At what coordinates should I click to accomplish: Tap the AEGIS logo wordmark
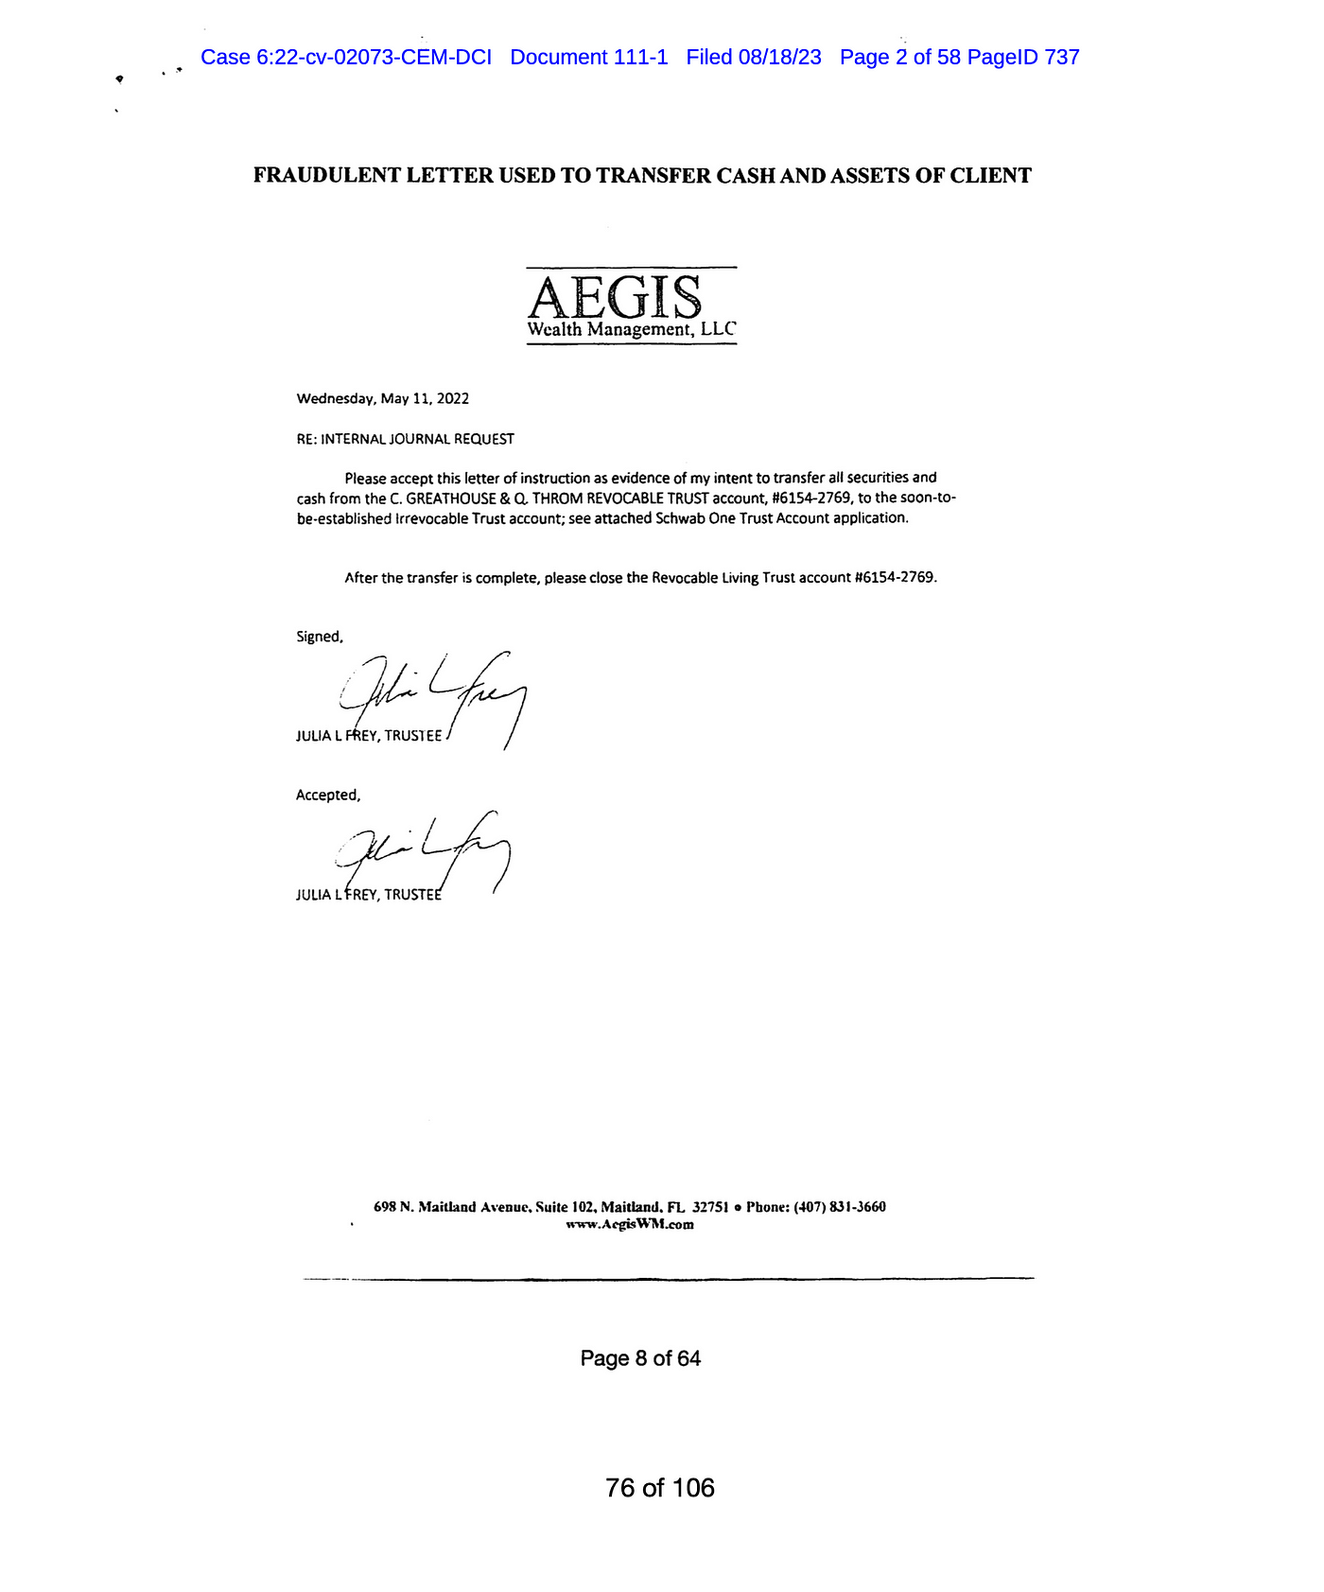click(615, 297)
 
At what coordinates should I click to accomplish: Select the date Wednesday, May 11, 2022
click(382, 399)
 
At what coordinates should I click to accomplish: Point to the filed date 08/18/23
click(779, 58)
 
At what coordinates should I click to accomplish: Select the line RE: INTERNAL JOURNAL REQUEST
click(405, 439)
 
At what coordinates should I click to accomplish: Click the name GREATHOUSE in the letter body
click(449, 499)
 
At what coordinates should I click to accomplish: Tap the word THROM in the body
click(556, 499)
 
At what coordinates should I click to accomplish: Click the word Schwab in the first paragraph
click(679, 518)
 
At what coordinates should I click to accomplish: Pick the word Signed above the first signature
click(319, 637)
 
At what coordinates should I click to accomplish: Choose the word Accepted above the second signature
click(327, 796)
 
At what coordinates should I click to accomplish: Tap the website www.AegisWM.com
click(630, 1224)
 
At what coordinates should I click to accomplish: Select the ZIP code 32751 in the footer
click(710, 1207)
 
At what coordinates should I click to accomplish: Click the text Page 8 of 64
click(640, 1358)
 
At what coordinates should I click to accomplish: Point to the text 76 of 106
click(660, 1488)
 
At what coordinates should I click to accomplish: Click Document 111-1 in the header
click(588, 58)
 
